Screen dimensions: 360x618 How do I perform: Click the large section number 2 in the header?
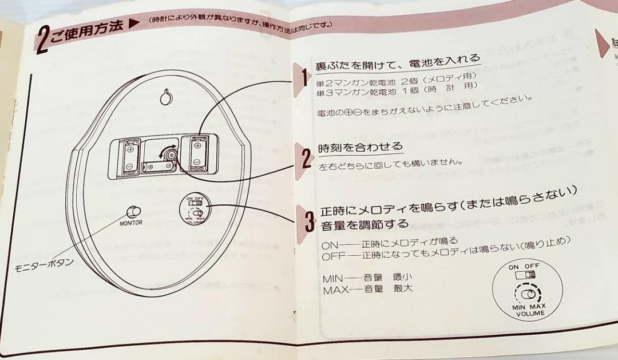tap(43, 38)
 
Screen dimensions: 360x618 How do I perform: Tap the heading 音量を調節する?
tap(365, 224)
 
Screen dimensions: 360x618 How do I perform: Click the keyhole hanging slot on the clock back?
tap(165, 97)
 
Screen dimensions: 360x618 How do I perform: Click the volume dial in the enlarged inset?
tap(530, 294)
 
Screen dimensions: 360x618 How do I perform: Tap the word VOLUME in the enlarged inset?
tap(530, 314)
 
